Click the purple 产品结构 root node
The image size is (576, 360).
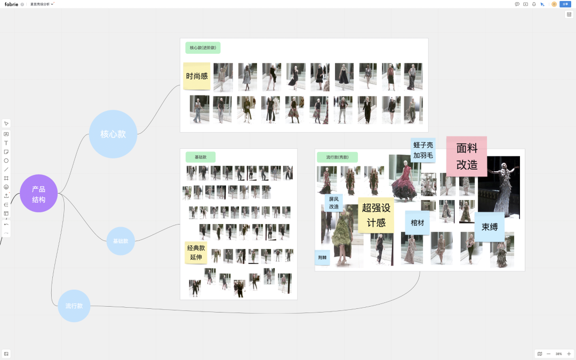[x=38, y=193]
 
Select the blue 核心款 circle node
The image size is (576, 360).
[x=113, y=134]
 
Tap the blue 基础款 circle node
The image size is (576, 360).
[x=121, y=241]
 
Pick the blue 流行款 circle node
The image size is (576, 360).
[x=74, y=306]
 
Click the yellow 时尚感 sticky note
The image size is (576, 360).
[x=197, y=76]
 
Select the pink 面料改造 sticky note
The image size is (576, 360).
[x=467, y=156]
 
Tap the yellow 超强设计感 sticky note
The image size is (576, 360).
[x=376, y=215]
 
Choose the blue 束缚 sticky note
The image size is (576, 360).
[x=490, y=227]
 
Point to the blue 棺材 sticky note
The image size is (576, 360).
[x=417, y=222]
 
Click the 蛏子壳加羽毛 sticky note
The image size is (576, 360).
[x=423, y=150]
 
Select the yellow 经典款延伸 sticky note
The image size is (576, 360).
[x=196, y=252]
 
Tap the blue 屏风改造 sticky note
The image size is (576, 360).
[x=334, y=203]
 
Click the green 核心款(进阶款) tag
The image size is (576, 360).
[x=203, y=48]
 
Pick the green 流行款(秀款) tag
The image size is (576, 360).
[x=337, y=157]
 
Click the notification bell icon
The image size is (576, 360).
[x=534, y=4]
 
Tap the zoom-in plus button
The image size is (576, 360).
[x=569, y=354]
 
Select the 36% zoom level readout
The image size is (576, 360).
[x=558, y=354]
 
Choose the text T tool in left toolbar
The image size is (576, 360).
[x=6, y=143]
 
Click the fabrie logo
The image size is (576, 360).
[x=12, y=4]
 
